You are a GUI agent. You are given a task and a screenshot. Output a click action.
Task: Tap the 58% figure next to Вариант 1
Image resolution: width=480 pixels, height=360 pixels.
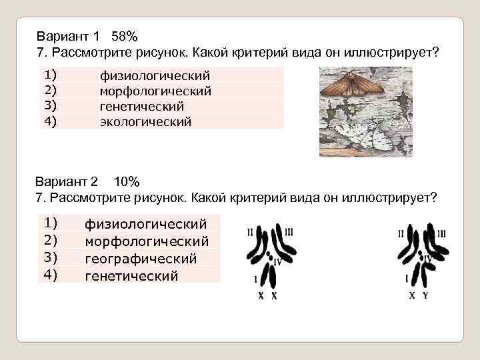pyautogui.click(x=125, y=35)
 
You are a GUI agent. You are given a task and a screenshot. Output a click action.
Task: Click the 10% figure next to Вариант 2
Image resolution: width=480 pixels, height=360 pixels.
pyautogui.click(x=126, y=181)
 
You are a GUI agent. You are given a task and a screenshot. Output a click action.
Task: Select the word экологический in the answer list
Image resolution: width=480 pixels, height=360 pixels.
pyautogui.click(x=145, y=122)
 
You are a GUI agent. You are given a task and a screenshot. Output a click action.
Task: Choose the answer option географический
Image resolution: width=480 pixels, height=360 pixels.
pyautogui.click(x=141, y=258)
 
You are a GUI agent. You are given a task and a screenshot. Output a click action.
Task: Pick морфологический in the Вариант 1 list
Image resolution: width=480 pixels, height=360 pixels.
pyautogui.click(x=155, y=91)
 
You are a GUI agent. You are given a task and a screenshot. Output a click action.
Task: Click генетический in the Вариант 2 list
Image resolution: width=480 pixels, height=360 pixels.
pyautogui.click(x=131, y=275)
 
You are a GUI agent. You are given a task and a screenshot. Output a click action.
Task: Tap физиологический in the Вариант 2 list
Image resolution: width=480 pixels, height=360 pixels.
pyautogui.click(x=145, y=224)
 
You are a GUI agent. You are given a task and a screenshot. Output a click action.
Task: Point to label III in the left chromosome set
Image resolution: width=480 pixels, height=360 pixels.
pyautogui.click(x=289, y=232)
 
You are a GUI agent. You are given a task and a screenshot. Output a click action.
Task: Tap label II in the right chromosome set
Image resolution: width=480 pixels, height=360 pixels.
pyautogui.click(x=401, y=233)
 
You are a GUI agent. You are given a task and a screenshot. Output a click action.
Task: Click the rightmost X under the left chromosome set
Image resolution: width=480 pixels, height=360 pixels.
pyautogui.click(x=274, y=295)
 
